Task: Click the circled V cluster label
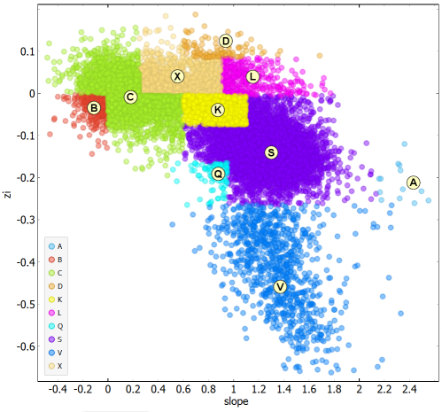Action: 280,287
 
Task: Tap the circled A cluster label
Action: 414,183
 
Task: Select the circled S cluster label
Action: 271,152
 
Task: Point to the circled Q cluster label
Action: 218,174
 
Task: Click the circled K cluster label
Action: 218,110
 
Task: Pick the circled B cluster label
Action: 94,108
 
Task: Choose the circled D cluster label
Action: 226,41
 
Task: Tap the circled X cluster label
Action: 177,76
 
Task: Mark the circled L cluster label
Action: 252,77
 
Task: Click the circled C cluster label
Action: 130,97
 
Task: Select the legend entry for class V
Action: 56,353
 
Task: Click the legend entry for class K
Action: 56,299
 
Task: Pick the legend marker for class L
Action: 51,313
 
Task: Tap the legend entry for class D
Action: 56,286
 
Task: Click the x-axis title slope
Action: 236,401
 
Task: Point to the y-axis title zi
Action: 8,194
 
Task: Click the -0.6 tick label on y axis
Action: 26,346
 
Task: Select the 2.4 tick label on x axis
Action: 409,390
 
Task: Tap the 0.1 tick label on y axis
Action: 27,51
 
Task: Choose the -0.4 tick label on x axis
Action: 58,390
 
